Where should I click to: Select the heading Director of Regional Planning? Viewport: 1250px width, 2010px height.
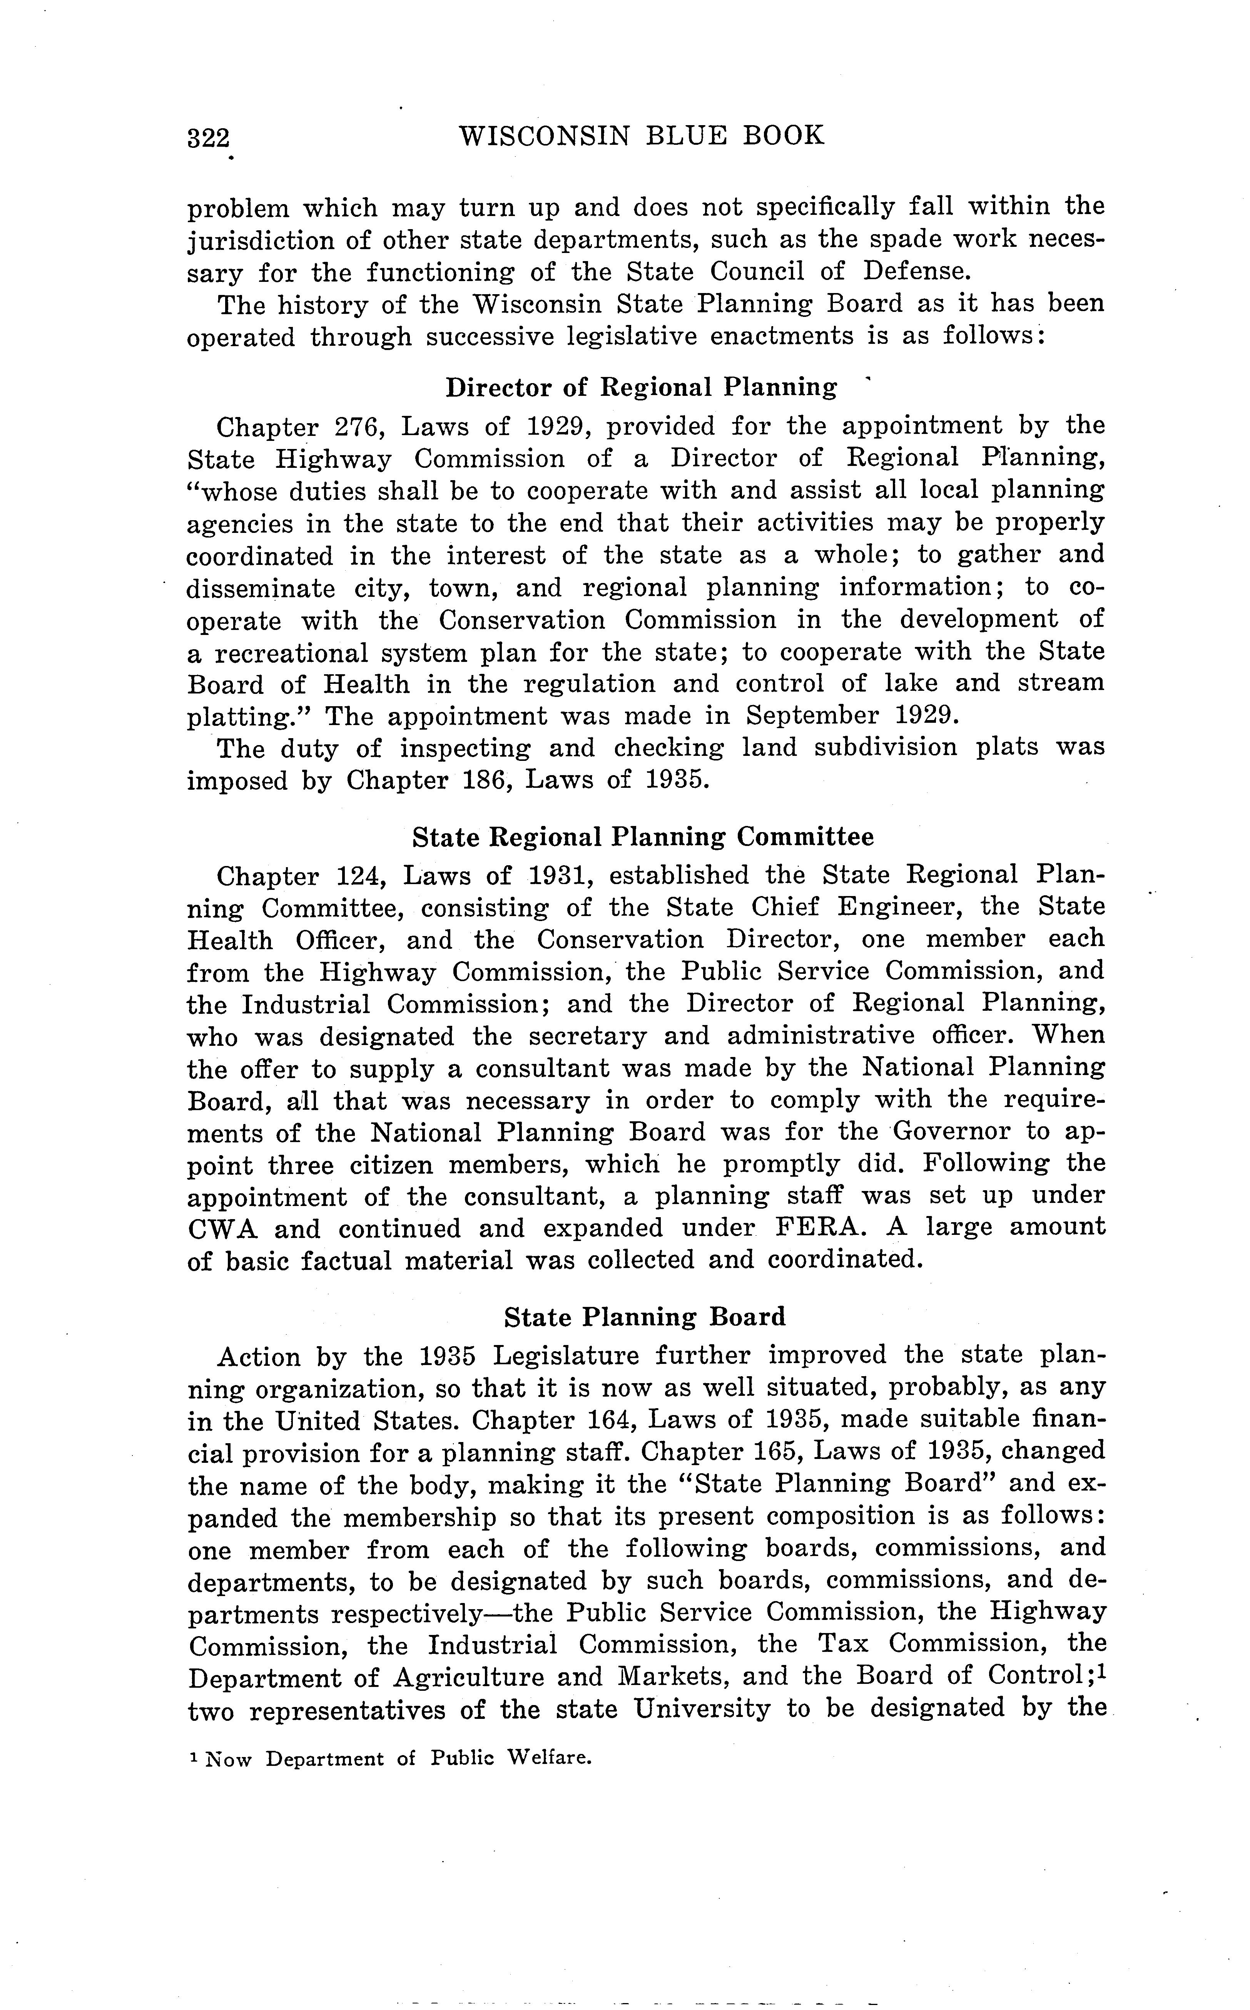click(641, 387)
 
